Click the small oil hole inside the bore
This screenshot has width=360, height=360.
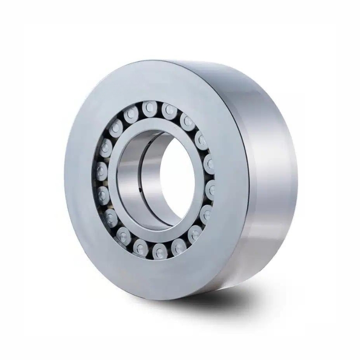pos(140,189)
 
